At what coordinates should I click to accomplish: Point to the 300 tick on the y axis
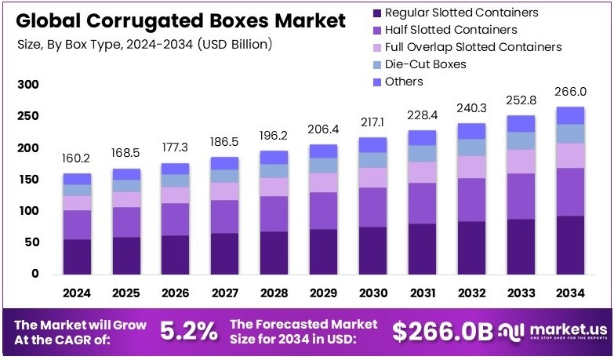pyautogui.click(x=27, y=85)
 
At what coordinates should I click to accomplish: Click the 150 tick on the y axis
pyautogui.click(x=27, y=180)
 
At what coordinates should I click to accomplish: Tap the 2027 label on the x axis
pyautogui.click(x=224, y=293)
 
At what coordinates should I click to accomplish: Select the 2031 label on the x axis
pyautogui.click(x=423, y=293)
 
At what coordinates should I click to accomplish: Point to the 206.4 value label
pyautogui.click(x=323, y=128)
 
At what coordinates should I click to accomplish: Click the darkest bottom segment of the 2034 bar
pyautogui.click(x=571, y=245)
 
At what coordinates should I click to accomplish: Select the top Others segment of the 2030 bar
pyautogui.click(x=373, y=144)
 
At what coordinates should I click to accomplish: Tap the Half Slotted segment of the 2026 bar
pyautogui.click(x=175, y=219)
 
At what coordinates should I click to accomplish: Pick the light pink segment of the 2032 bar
pyautogui.click(x=472, y=166)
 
